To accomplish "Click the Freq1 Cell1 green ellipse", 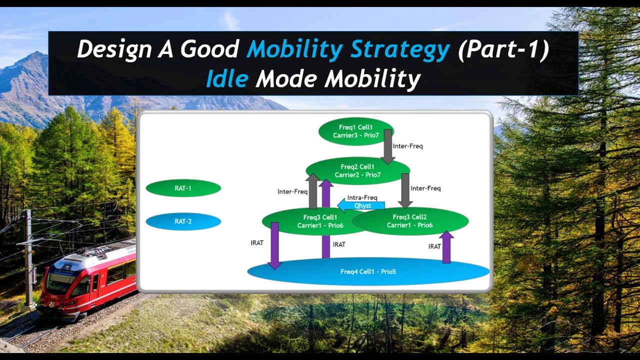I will [355, 131].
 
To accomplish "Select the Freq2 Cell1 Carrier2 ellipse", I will [357, 170].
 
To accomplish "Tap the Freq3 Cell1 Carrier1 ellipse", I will [300, 221].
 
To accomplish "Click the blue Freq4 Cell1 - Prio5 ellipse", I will [368, 271].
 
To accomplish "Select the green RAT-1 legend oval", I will [183, 188].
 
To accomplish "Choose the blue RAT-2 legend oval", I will [183, 221].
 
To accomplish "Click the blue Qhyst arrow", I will [361, 205].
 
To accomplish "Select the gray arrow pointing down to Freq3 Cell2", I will [405, 190].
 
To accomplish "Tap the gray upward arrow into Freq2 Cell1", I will [313, 191].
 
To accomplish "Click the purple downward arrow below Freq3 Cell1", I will [274, 245].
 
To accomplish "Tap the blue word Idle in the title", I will [226, 79].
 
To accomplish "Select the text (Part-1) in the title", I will [502, 50].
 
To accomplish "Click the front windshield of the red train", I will [60, 283].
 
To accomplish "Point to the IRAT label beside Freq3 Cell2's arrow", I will [434, 246].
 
